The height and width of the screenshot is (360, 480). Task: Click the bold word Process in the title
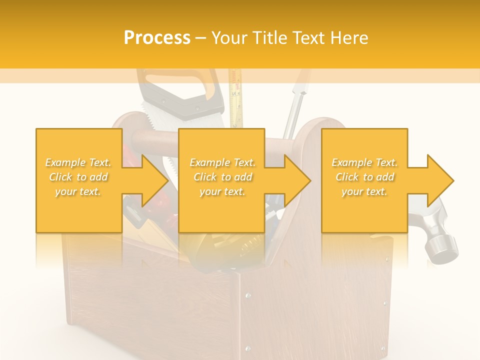click(x=157, y=38)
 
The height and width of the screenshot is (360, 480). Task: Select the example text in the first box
click(x=78, y=177)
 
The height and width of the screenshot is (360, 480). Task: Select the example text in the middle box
click(x=222, y=177)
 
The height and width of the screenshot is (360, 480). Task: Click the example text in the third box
click(x=364, y=177)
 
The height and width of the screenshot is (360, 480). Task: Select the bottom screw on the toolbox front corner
click(x=247, y=348)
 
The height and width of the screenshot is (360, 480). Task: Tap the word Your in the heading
click(x=229, y=38)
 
